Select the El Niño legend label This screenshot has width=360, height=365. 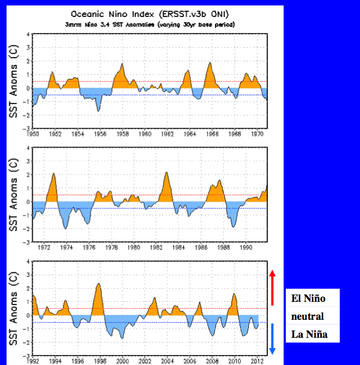click(x=309, y=299)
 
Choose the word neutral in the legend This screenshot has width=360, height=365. click(x=308, y=316)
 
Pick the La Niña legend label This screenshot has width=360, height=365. click(x=309, y=334)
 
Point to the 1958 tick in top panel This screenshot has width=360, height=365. click(x=122, y=134)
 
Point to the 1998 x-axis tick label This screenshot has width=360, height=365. click(x=100, y=360)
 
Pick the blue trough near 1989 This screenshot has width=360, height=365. click(x=233, y=224)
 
